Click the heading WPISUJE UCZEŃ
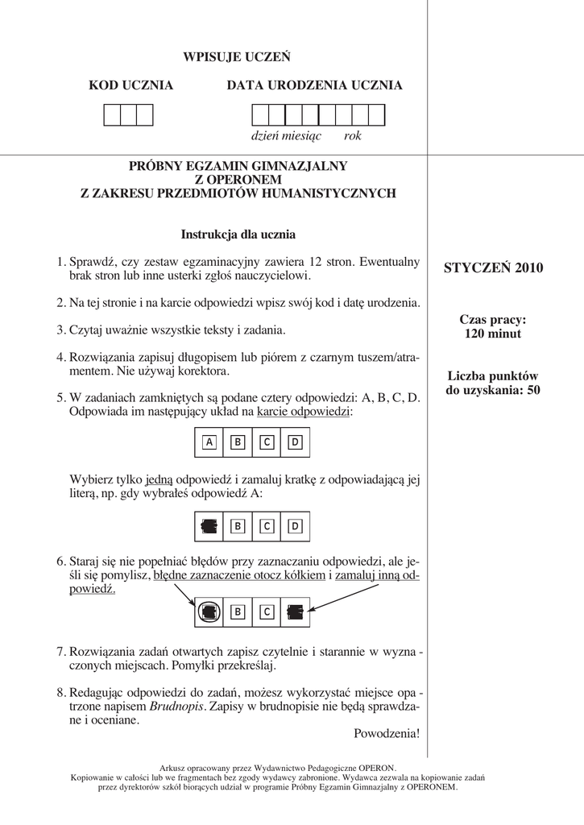(x=237, y=57)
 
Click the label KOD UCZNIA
(x=130, y=85)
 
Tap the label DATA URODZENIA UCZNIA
(x=314, y=85)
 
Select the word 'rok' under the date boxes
(x=353, y=136)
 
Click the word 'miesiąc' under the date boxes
(x=301, y=136)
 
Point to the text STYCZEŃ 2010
(x=494, y=268)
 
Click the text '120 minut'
(x=493, y=334)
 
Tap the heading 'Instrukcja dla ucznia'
(x=238, y=235)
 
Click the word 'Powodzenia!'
(x=387, y=733)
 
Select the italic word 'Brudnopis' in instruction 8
(x=177, y=706)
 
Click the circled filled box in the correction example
(x=209, y=611)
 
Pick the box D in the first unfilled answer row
(x=296, y=442)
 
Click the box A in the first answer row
(x=209, y=442)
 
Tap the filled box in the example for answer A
(x=209, y=526)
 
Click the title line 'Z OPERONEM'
(x=238, y=180)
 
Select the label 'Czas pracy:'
(x=493, y=320)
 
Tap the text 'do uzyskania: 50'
(x=493, y=391)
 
